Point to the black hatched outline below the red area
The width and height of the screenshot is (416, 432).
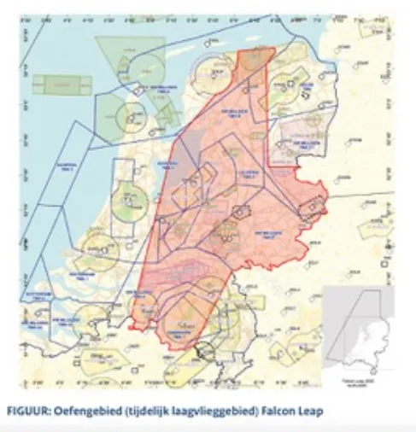click(205, 349)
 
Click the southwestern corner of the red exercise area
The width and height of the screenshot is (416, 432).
click(132, 325)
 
